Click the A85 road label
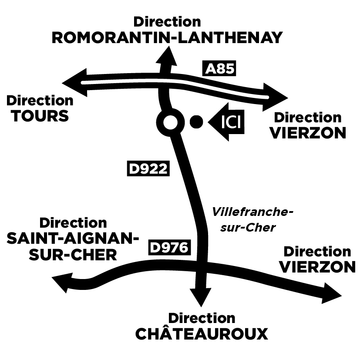(220, 69)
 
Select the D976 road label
(170, 247)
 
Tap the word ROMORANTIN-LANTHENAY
(167, 37)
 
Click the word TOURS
(40, 116)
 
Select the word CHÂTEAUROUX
(202, 334)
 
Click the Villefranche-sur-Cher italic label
(250, 219)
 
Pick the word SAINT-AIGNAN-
(73, 239)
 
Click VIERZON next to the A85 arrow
(308, 133)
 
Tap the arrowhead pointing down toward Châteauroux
(201, 298)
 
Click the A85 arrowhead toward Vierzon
(277, 95)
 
